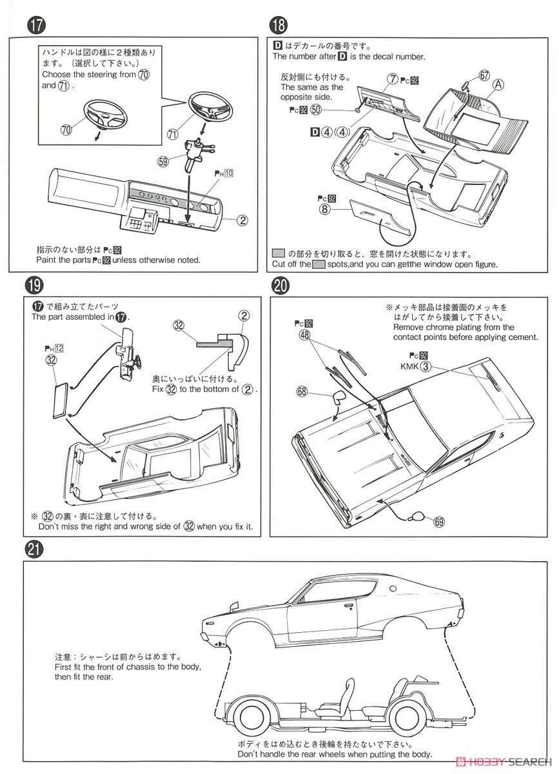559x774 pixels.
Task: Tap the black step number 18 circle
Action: pyautogui.click(x=279, y=26)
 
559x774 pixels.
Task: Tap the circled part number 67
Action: pyautogui.click(x=485, y=75)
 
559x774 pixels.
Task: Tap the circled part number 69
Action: pyautogui.click(x=439, y=522)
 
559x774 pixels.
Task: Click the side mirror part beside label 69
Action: pyautogui.click(x=418, y=515)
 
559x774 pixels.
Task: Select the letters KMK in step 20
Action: pyautogui.click(x=409, y=366)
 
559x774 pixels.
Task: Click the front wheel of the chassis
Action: pyautogui.click(x=251, y=720)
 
